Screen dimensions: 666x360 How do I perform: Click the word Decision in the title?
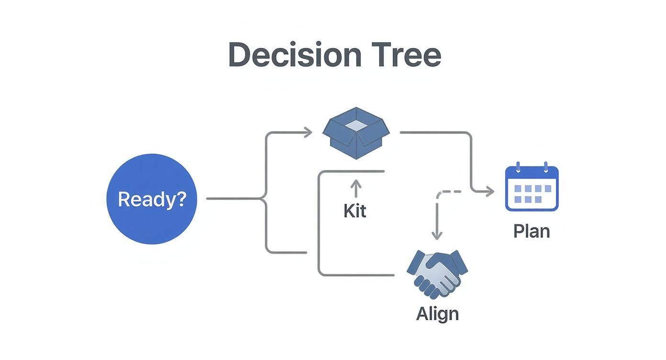pos(295,55)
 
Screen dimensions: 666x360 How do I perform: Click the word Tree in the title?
pos(406,55)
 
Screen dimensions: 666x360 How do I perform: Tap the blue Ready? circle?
pos(152,199)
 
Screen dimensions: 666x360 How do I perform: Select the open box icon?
pos(356,133)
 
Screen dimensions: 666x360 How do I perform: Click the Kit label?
pos(355,211)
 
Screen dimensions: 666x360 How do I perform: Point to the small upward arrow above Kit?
pos(356,188)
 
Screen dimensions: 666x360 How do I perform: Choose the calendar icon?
pos(532,186)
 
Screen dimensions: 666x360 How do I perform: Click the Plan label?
pos(532,231)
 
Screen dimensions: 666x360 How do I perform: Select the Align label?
pos(437,314)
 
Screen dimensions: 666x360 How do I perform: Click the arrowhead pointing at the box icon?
pos(308,133)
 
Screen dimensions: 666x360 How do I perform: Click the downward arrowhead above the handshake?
pos(437,235)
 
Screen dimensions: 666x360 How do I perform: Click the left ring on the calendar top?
pos(518,167)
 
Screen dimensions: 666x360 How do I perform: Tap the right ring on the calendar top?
pos(545,167)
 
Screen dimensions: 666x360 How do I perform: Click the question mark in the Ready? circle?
pos(181,199)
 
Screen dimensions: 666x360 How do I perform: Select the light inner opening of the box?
pos(356,125)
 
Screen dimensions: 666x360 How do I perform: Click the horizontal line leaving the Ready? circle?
pos(233,199)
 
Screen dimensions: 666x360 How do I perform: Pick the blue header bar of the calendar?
pos(532,173)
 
